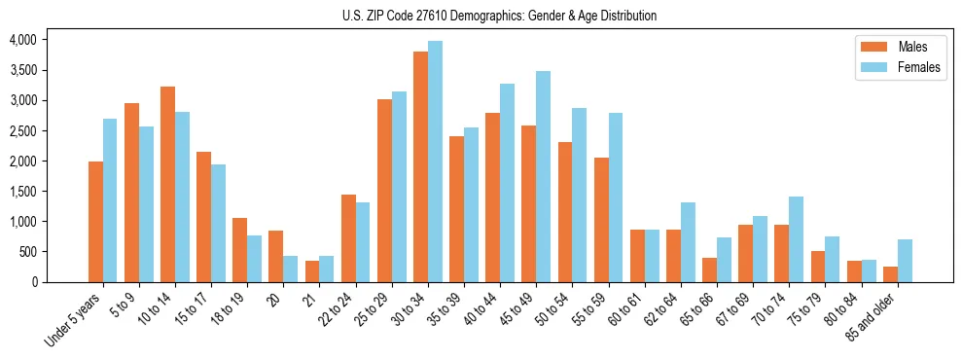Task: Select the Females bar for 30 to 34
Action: click(x=435, y=162)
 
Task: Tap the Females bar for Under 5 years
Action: click(x=110, y=200)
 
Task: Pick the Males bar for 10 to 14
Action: click(x=167, y=184)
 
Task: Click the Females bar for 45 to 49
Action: click(x=543, y=176)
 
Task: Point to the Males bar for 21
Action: click(x=312, y=271)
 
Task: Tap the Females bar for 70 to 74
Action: click(x=796, y=239)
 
